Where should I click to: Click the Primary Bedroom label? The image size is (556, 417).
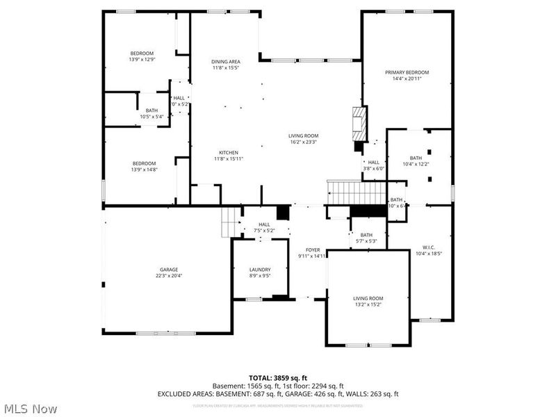pyautogui.click(x=407, y=76)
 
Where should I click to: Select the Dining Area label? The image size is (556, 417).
pyautogui.click(x=226, y=65)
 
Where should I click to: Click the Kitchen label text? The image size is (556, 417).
pyautogui.click(x=229, y=156)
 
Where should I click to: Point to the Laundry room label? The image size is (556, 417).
pyautogui.click(x=260, y=272)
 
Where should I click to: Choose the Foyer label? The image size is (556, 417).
pyautogui.click(x=312, y=252)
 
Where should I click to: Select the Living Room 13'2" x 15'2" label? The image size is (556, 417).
pyautogui.click(x=368, y=301)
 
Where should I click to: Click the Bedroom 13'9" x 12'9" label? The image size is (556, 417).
pyautogui.click(x=142, y=57)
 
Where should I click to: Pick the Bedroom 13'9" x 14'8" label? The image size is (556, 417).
pyautogui.click(x=144, y=166)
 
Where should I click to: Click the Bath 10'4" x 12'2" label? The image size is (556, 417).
pyautogui.click(x=416, y=161)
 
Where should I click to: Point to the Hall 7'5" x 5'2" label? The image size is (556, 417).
pyautogui.click(x=264, y=227)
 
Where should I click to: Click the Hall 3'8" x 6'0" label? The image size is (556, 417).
pyautogui.click(x=373, y=165)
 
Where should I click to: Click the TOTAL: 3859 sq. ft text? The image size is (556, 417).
pyautogui.click(x=278, y=377)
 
